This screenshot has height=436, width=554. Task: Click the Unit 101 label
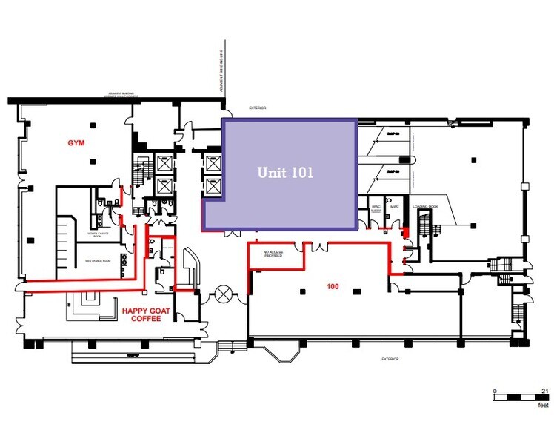pyautogui.click(x=285, y=172)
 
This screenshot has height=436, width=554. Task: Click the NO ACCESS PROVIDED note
pyautogui.click(x=275, y=254)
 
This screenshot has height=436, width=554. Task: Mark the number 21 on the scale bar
pyautogui.click(x=544, y=390)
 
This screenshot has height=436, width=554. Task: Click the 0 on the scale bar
pyautogui.click(x=495, y=390)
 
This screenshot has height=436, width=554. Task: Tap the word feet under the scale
pyautogui.click(x=543, y=407)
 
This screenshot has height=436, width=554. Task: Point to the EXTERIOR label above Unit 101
pyautogui.click(x=257, y=108)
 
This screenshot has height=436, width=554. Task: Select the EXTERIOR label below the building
pyautogui.click(x=390, y=360)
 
